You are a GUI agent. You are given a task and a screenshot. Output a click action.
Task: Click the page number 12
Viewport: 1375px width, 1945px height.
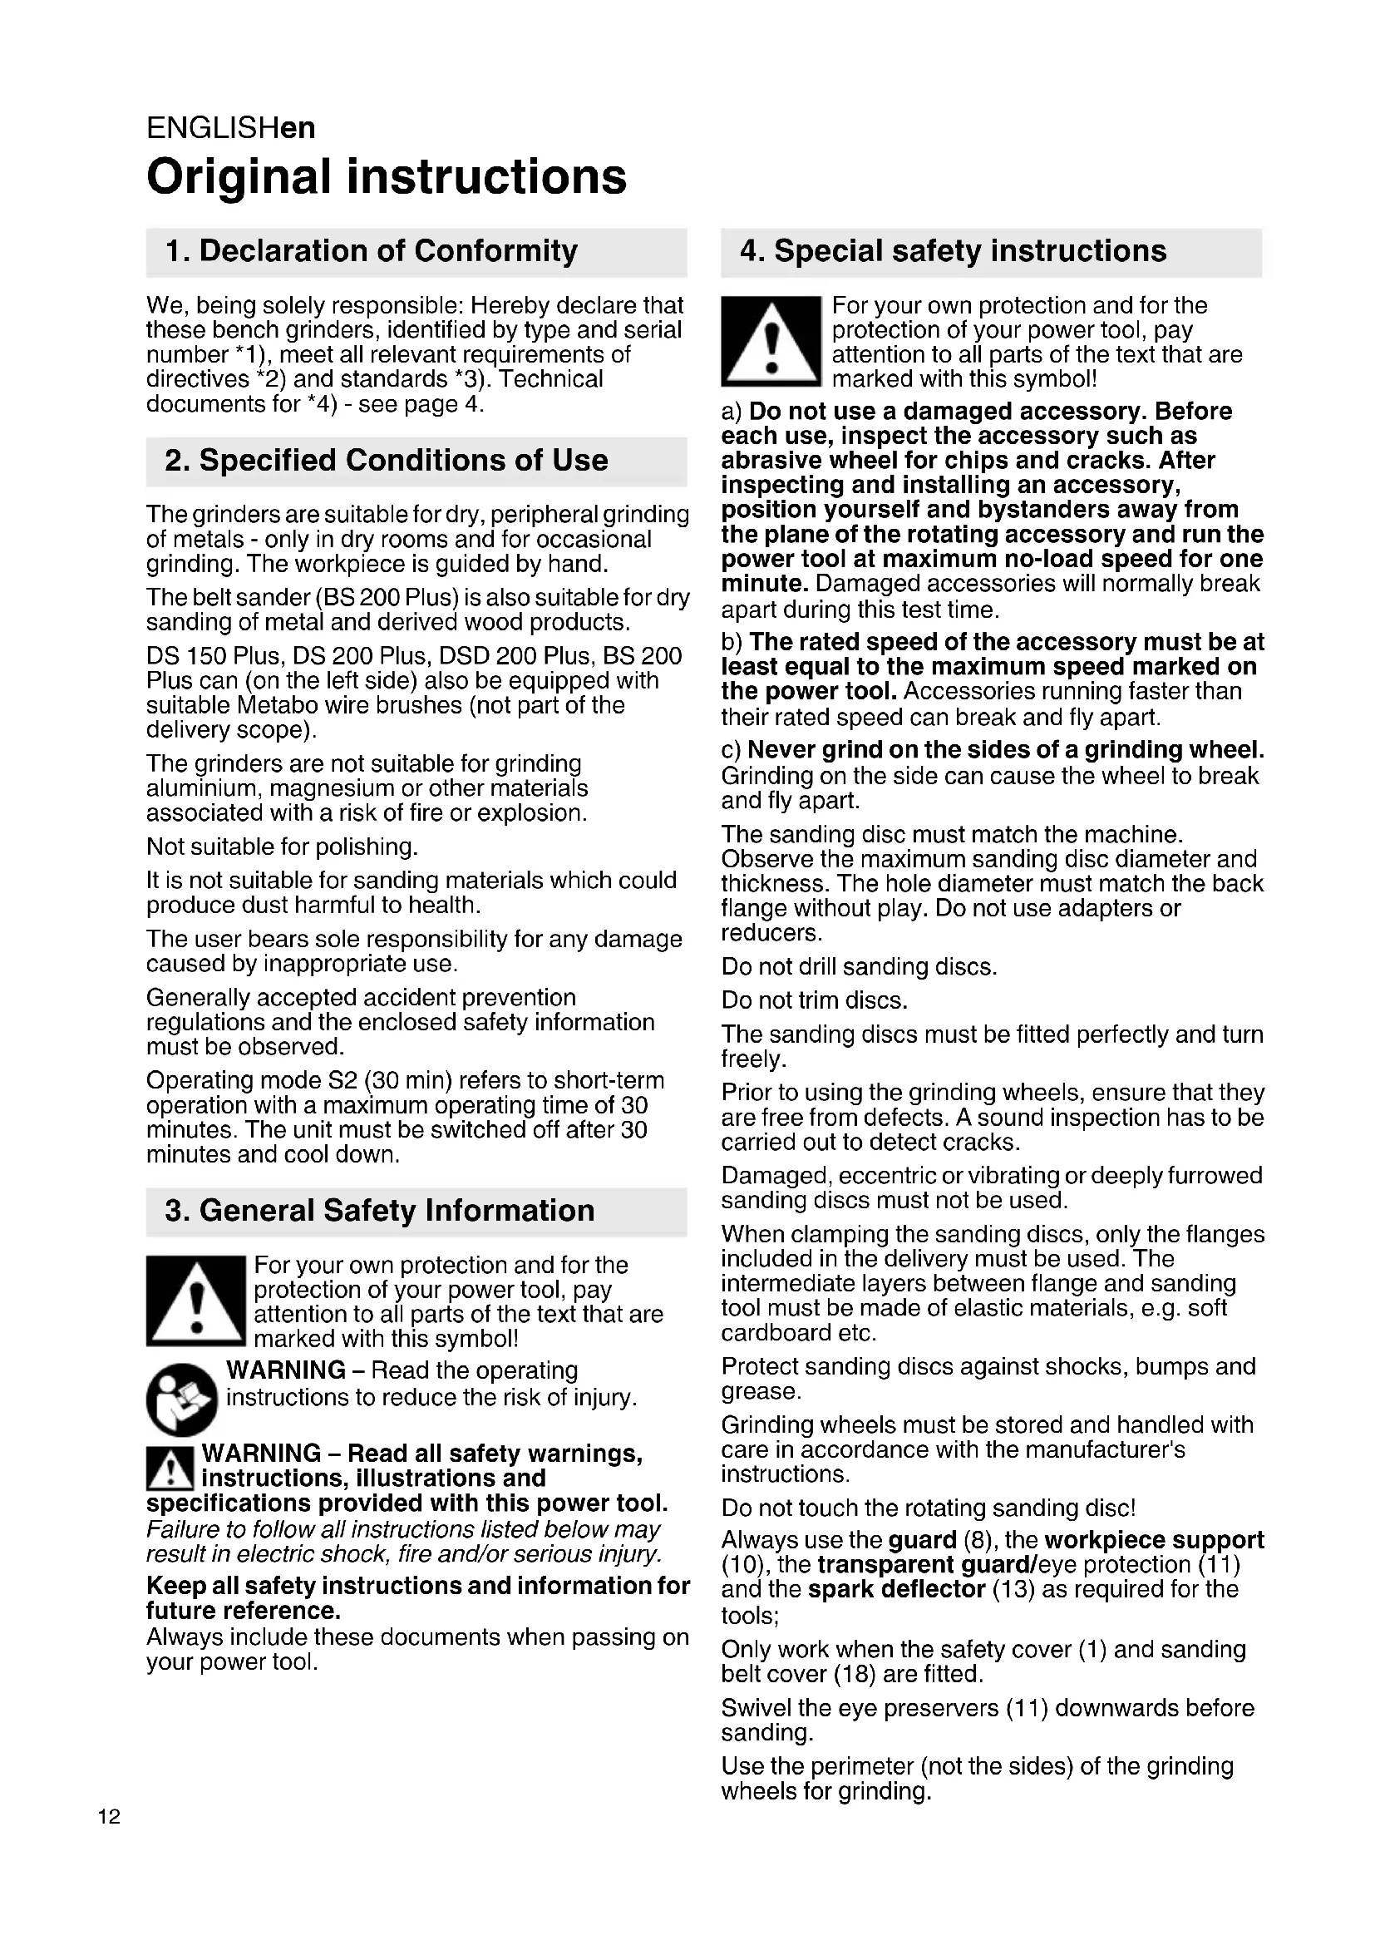pos(109,1816)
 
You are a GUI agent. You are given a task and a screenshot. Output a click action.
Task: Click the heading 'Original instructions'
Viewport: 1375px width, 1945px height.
pos(386,176)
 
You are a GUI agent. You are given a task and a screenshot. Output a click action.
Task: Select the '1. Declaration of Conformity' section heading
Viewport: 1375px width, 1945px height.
pos(371,251)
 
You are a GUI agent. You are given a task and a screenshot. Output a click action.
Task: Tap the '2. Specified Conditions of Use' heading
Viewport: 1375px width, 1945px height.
pos(386,460)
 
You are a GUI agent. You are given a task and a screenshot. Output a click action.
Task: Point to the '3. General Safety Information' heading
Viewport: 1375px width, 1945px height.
pos(379,1211)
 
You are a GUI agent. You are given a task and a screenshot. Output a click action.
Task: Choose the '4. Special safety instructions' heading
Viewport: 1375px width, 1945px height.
pos(953,251)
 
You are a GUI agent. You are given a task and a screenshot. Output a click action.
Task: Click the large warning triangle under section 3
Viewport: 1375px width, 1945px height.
pos(195,1301)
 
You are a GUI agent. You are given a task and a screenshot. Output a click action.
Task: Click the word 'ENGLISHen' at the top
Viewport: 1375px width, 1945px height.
pos(230,128)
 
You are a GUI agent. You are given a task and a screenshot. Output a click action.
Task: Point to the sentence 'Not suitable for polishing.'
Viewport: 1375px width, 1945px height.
pos(282,847)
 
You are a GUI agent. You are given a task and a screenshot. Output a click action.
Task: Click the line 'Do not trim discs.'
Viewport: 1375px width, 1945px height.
pos(814,1000)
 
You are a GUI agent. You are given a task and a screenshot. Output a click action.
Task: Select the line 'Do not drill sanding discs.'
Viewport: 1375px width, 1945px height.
pos(859,966)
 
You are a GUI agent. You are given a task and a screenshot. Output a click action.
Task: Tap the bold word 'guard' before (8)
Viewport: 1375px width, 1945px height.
pos(922,1539)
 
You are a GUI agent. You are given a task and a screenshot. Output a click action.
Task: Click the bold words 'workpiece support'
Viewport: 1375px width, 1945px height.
pos(1153,1539)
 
